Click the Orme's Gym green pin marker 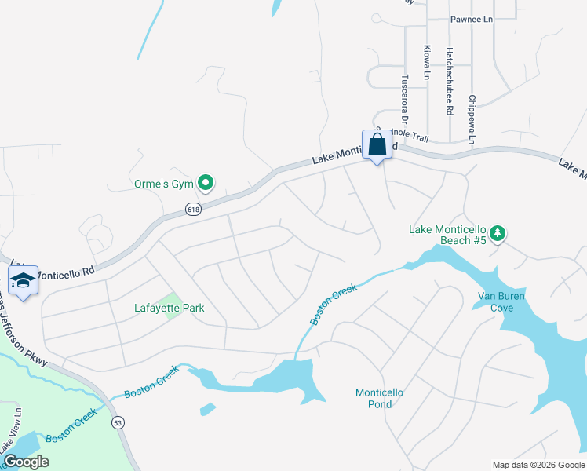(x=206, y=184)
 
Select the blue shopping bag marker (x=377, y=145)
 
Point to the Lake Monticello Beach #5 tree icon (x=497, y=233)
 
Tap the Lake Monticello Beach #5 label (x=448, y=235)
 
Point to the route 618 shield (x=194, y=209)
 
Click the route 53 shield (x=118, y=423)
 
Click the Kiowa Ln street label (x=427, y=61)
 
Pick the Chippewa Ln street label (x=472, y=119)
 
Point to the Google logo (x=25, y=462)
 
